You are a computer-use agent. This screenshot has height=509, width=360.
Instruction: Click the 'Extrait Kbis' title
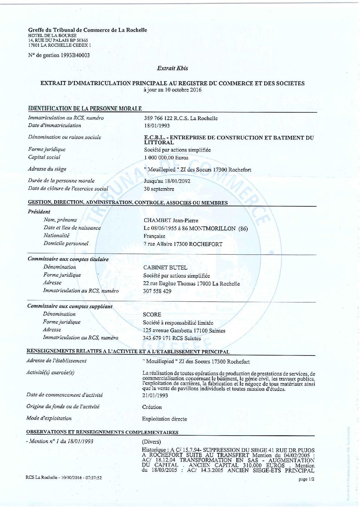tap(172, 68)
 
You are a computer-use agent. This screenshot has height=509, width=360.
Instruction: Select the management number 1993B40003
tap(75, 55)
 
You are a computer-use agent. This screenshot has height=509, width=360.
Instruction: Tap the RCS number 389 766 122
tap(161, 118)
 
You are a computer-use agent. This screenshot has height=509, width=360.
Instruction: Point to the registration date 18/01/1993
tap(157, 126)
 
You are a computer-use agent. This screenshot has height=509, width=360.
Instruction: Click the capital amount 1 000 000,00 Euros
tap(166, 158)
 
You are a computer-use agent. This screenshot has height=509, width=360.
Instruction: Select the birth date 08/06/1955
tap(164, 228)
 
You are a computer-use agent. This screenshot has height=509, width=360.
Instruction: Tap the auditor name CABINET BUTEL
tap(165, 268)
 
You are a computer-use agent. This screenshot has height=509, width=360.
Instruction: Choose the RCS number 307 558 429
tap(157, 291)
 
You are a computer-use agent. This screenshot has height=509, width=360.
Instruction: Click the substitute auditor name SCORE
tap(152, 315)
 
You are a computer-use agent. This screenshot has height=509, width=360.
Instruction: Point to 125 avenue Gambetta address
tap(168, 331)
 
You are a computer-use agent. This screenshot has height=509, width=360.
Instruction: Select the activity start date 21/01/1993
tap(155, 396)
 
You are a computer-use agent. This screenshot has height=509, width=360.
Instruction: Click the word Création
tap(152, 407)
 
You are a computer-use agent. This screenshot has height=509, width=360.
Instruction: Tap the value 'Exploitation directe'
tap(164, 419)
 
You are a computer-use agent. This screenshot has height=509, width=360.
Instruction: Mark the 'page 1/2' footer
tap(306, 479)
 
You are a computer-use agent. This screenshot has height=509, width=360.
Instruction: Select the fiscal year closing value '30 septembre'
tap(159, 189)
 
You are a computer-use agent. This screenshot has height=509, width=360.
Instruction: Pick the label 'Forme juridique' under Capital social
tap(47, 149)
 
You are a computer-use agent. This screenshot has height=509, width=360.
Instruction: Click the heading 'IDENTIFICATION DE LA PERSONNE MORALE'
tap(85, 109)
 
